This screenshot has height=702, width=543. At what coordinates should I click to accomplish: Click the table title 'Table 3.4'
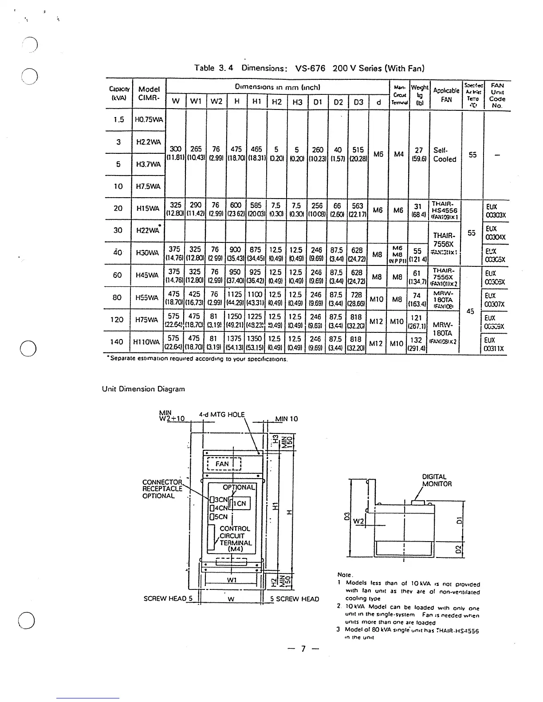point(211,68)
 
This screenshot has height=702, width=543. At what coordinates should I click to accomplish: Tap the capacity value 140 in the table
point(117,342)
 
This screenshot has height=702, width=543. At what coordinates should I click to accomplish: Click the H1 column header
point(256,102)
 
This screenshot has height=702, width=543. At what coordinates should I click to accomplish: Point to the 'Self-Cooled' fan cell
point(445,155)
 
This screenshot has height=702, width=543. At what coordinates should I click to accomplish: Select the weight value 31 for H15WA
point(417,207)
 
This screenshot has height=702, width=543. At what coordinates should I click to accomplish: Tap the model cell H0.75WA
point(149,120)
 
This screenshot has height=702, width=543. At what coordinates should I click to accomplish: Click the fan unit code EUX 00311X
point(495,344)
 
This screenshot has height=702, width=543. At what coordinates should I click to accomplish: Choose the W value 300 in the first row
point(176,150)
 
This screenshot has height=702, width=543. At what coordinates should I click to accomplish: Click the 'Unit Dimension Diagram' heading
point(143,389)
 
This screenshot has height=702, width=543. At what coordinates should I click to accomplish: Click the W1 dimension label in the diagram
point(231,580)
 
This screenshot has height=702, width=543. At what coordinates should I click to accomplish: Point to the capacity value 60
point(117,275)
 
